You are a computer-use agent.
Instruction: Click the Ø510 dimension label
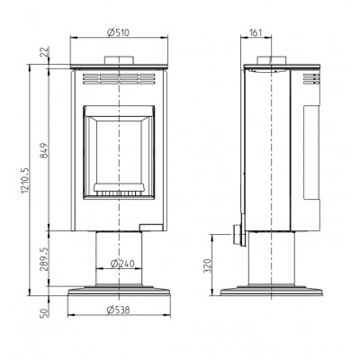pos(119,32)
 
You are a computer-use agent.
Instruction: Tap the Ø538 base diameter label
pos(119,310)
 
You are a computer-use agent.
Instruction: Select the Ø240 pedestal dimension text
pos(122,264)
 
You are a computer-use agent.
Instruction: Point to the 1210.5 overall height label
pos(25,180)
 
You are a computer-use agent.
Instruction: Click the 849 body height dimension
pos(43,151)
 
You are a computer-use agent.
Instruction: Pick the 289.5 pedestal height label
pos(44,259)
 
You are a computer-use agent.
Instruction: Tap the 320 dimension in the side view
pos(208,265)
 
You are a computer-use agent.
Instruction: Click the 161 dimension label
pos(256,32)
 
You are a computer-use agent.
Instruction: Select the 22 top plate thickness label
pos(44,52)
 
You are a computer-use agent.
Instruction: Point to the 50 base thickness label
pos(44,312)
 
